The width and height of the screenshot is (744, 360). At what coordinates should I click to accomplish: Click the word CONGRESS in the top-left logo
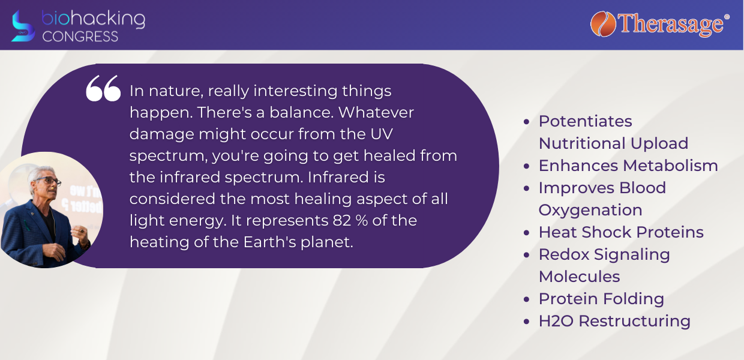pyautogui.click(x=80, y=36)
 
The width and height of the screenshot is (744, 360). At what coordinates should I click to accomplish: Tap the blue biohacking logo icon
pyautogui.click(x=23, y=26)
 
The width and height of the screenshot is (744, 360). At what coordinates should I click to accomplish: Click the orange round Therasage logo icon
pyautogui.click(x=603, y=24)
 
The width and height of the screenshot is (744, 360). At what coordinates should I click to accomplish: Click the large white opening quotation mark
pyautogui.click(x=103, y=88)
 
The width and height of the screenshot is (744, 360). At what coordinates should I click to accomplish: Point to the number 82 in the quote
pyautogui.click(x=342, y=220)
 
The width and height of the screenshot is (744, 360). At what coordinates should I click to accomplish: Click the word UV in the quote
pyautogui.click(x=383, y=134)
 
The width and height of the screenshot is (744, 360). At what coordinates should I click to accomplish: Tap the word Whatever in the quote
pyautogui.click(x=376, y=112)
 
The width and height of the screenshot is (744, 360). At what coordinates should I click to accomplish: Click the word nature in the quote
pyautogui.click(x=176, y=91)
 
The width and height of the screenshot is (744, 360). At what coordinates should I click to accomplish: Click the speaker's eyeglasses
pyautogui.click(x=49, y=181)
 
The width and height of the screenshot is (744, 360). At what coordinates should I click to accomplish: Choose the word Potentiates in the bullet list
pyautogui.click(x=585, y=121)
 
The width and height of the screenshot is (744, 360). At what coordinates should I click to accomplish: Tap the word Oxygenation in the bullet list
pyautogui.click(x=590, y=211)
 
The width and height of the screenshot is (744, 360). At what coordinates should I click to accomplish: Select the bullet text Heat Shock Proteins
pyautogui.click(x=621, y=232)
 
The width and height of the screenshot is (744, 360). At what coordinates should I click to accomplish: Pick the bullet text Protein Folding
pyautogui.click(x=601, y=299)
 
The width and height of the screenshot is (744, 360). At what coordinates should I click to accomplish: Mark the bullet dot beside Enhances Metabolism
pyautogui.click(x=526, y=166)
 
